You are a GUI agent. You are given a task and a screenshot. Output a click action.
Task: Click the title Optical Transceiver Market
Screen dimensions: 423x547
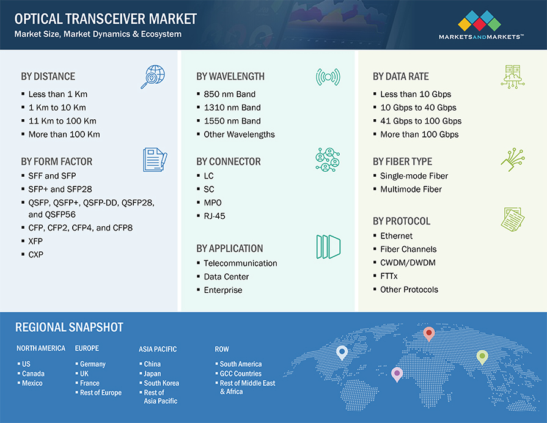[106, 18]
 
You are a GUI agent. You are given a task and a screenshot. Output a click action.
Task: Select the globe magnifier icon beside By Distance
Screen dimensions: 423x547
[152, 77]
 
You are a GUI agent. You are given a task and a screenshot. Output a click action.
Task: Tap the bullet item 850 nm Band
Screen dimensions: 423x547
[229, 94]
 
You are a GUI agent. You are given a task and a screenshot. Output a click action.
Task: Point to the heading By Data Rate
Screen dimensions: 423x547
[400, 76]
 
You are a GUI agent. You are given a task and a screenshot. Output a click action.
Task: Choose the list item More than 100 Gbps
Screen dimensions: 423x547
[419, 134]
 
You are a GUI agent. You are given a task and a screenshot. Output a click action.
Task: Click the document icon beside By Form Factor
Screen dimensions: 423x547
[154, 160]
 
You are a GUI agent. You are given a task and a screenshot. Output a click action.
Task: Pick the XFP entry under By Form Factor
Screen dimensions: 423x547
[35, 241]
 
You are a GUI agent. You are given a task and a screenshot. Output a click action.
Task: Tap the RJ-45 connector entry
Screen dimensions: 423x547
[215, 216]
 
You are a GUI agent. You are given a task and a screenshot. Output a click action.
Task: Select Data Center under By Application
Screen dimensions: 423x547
[226, 277]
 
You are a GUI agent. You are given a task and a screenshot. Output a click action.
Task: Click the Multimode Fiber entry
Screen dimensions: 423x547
[411, 189]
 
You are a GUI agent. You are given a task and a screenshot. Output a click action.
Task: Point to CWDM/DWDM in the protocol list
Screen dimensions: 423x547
[408, 263]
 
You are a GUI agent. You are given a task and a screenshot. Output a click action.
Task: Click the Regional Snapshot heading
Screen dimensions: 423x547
[69, 328]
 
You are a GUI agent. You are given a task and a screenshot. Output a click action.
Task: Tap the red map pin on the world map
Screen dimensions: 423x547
[429, 334]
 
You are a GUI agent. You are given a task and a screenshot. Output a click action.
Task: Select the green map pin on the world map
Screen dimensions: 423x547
[482, 356]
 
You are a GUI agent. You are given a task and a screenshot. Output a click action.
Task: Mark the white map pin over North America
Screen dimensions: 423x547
[342, 352]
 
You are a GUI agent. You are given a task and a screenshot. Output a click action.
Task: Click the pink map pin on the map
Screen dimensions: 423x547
[397, 373]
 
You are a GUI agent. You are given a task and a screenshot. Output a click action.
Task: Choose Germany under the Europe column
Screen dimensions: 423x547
[92, 364]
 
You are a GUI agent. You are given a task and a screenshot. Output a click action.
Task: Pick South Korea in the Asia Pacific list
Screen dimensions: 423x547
[161, 383]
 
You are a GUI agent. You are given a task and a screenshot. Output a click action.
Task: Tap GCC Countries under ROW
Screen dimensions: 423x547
[240, 373]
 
